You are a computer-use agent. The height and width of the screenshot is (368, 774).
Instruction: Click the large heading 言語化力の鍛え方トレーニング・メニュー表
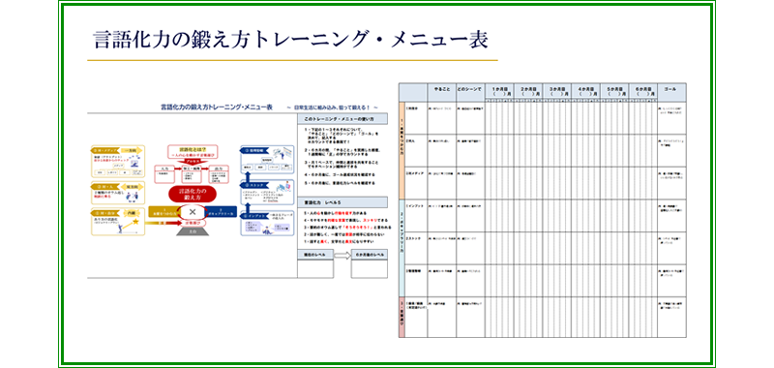point(290,40)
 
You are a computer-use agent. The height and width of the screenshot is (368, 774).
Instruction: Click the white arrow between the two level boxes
point(343,254)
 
